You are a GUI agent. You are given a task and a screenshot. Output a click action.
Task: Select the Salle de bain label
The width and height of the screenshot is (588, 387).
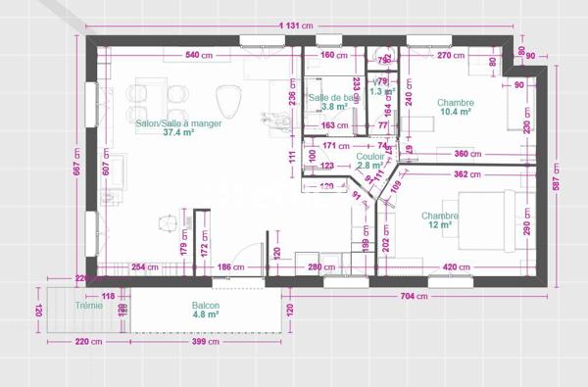[331, 98]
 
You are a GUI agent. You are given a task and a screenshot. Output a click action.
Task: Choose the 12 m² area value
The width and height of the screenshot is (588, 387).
[438, 224]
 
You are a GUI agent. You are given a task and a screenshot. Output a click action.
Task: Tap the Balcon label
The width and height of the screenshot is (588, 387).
[206, 307]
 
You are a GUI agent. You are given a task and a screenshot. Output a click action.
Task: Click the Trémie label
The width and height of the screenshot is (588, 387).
[61, 306]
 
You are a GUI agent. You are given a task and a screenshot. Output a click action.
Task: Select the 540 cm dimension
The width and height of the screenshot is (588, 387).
[199, 55]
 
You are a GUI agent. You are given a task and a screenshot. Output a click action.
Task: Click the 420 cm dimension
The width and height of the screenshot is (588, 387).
[453, 266]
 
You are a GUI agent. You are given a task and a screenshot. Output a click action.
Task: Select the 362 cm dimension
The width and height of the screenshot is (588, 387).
[466, 174]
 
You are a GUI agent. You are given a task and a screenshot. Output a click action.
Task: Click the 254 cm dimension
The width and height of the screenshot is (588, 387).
[145, 266]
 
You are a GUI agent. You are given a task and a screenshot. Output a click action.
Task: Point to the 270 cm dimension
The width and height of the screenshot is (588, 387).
[451, 55]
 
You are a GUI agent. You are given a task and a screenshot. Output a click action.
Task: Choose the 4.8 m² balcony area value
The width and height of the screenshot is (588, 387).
[206, 316]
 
